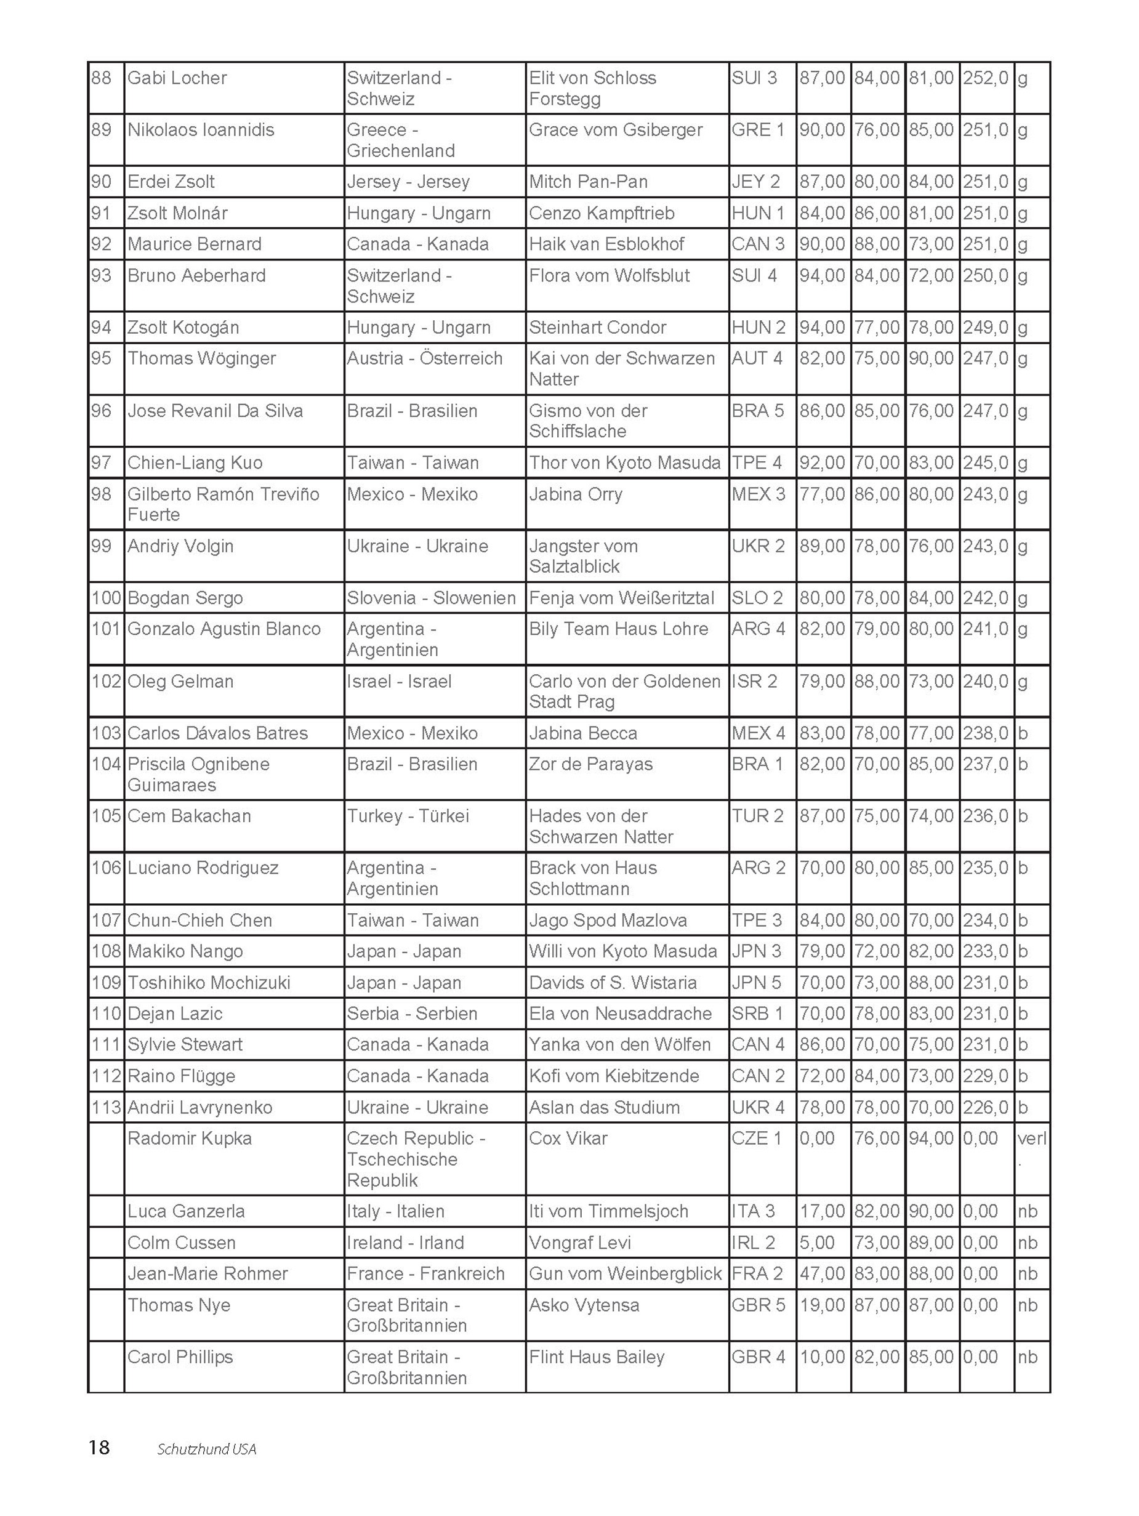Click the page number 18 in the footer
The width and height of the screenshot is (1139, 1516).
[99, 1447]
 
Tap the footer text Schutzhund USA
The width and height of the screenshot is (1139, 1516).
[206, 1449]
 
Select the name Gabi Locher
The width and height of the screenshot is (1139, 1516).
[177, 78]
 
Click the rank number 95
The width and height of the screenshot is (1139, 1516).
[102, 358]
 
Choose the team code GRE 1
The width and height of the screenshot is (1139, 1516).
[757, 130]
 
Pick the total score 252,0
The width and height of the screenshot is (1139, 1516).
[986, 78]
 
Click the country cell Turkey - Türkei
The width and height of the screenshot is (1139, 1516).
[408, 816]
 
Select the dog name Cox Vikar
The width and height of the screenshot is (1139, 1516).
[568, 1139]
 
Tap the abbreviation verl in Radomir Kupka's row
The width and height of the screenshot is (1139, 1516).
[1031, 1139]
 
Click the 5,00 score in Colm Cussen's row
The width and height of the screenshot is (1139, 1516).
[817, 1243]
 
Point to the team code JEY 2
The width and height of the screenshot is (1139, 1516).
[756, 182]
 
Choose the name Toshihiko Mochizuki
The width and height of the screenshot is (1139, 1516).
[209, 983]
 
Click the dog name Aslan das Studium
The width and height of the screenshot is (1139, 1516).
[604, 1108]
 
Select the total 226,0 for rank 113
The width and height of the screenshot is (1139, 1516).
[986, 1108]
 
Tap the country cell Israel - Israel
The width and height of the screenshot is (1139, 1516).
[399, 681]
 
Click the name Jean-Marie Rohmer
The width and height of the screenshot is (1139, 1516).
[207, 1273]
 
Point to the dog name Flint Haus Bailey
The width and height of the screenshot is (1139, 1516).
[596, 1357]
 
